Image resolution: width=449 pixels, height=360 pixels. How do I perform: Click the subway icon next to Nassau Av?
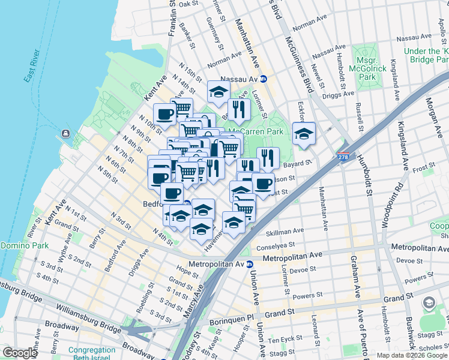pos(263,79)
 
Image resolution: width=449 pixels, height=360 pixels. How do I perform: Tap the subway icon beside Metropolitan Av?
pos(249,264)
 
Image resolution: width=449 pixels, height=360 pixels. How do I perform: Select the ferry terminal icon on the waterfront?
pos(65,133)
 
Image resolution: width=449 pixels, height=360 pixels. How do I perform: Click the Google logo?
pos(20,353)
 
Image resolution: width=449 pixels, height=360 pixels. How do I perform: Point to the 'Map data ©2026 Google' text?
pos(411,355)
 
